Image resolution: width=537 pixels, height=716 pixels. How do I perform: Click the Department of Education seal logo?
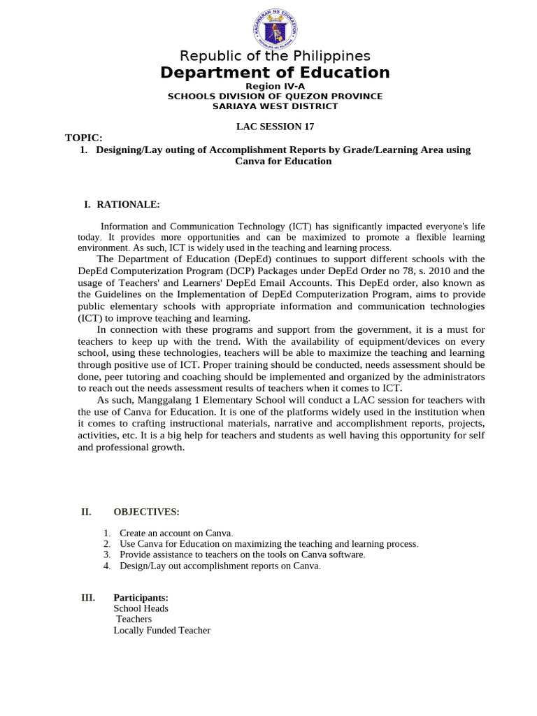tap(275, 29)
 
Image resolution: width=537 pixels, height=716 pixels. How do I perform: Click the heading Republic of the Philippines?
tap(275, 56)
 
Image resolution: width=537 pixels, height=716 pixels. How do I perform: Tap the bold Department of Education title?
tap(275, 73)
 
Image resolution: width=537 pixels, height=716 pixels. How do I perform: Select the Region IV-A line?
tap(275, 86)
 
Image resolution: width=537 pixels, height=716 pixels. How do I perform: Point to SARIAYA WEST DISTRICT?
tap(275, 106)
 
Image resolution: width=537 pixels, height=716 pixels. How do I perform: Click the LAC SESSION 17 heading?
tap(275, 127)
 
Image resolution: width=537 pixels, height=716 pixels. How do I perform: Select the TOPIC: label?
tap(84, 138)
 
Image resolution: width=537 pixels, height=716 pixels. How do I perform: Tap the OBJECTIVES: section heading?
tap(146, 512)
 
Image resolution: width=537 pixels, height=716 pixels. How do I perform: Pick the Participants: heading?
tap(141, 598)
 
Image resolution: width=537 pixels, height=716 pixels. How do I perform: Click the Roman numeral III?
tap(88, 598)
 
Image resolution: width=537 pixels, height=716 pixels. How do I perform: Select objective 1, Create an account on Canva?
tap(176, 534)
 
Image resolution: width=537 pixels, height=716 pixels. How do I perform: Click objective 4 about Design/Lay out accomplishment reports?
tap(220, 566)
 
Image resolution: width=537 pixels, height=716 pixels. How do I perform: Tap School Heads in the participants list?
tap(141, 608)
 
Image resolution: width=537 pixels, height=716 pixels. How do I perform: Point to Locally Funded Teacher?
tap(162, 630)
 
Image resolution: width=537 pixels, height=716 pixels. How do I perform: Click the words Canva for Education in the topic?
tap(283, 161)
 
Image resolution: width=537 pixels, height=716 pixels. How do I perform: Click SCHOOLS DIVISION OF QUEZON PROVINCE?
tap(275, 96)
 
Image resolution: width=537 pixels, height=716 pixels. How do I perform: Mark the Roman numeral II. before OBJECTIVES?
tap(87, 512)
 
